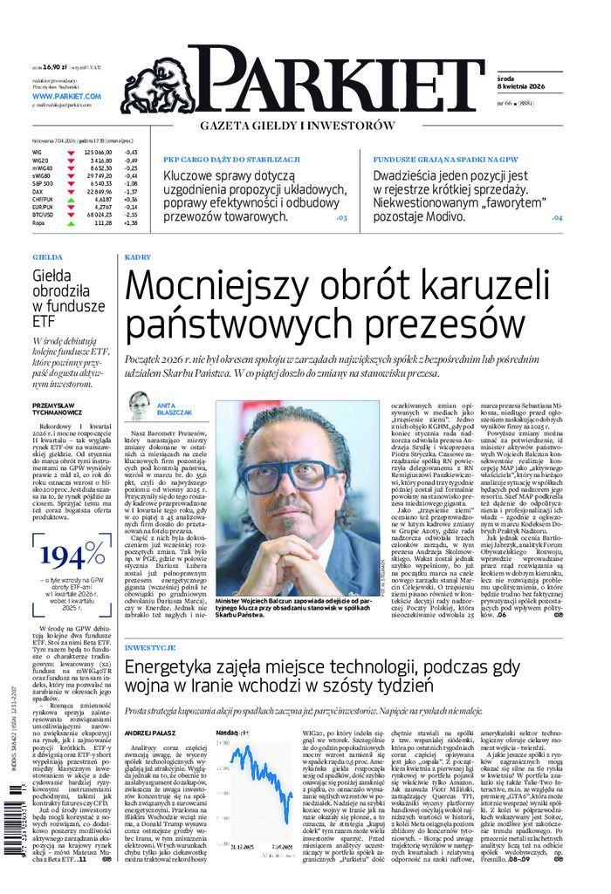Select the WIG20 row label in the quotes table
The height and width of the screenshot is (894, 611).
[40, 160]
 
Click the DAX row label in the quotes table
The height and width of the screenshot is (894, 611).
[38, 191]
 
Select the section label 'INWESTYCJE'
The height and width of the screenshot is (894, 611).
[150, 650]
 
